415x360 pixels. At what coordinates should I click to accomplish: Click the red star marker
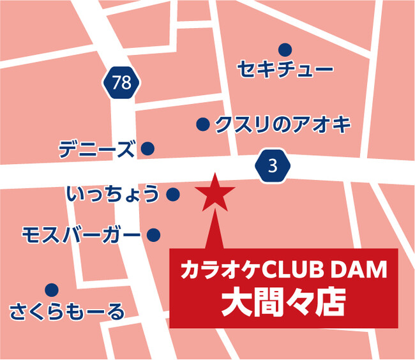tap(215, 192)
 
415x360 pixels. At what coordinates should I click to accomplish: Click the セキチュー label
tap(285, 68)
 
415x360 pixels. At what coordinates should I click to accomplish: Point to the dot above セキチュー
tap(285, 49)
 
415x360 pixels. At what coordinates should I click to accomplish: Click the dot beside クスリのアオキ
tap(202, 124)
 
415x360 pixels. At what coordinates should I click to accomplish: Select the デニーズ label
tap(96, 149)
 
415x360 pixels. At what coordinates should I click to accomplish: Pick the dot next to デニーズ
tap(147, 149)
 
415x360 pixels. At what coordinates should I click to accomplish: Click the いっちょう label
tap(112, 193)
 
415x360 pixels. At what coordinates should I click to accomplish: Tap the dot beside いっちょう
tap(172, 193)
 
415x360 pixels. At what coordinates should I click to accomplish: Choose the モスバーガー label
tap(80, 235)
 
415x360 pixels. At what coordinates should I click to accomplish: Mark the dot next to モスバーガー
tap(153, 235)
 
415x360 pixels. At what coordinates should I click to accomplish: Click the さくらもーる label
tap(67, 312)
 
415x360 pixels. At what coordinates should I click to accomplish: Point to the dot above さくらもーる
tap(52, 290)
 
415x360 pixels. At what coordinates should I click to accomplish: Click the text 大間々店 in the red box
tap(283, 303)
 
